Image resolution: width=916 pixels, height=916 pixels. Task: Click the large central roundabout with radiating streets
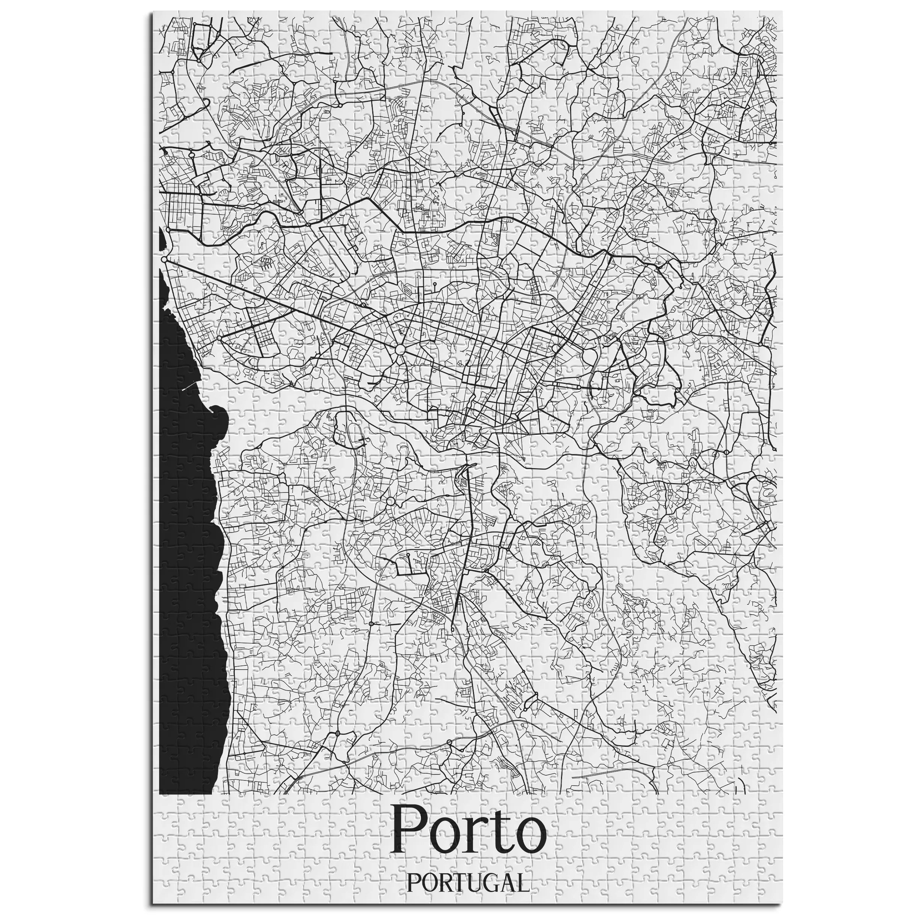tap(400, 350)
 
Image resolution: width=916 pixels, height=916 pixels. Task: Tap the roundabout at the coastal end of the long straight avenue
tap(164, 260)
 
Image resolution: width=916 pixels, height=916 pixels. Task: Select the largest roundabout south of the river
tap(390, 501)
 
